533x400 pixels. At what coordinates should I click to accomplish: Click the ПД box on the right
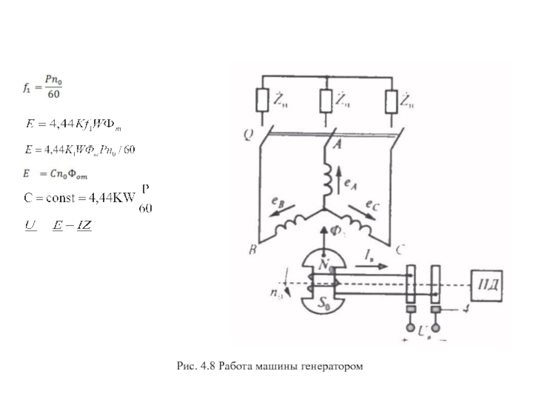pyautogui.click(x=488, y=287)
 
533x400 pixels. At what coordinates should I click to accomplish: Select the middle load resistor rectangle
pyautogui.click(x=325, y=101)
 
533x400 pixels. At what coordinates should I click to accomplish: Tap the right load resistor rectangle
pyautogui.click(x=390, y=101)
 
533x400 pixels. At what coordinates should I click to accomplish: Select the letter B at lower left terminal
pyautogui.click(x=252, y=251)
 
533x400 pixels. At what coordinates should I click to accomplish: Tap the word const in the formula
pyautogui.click(x=57, y=197)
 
